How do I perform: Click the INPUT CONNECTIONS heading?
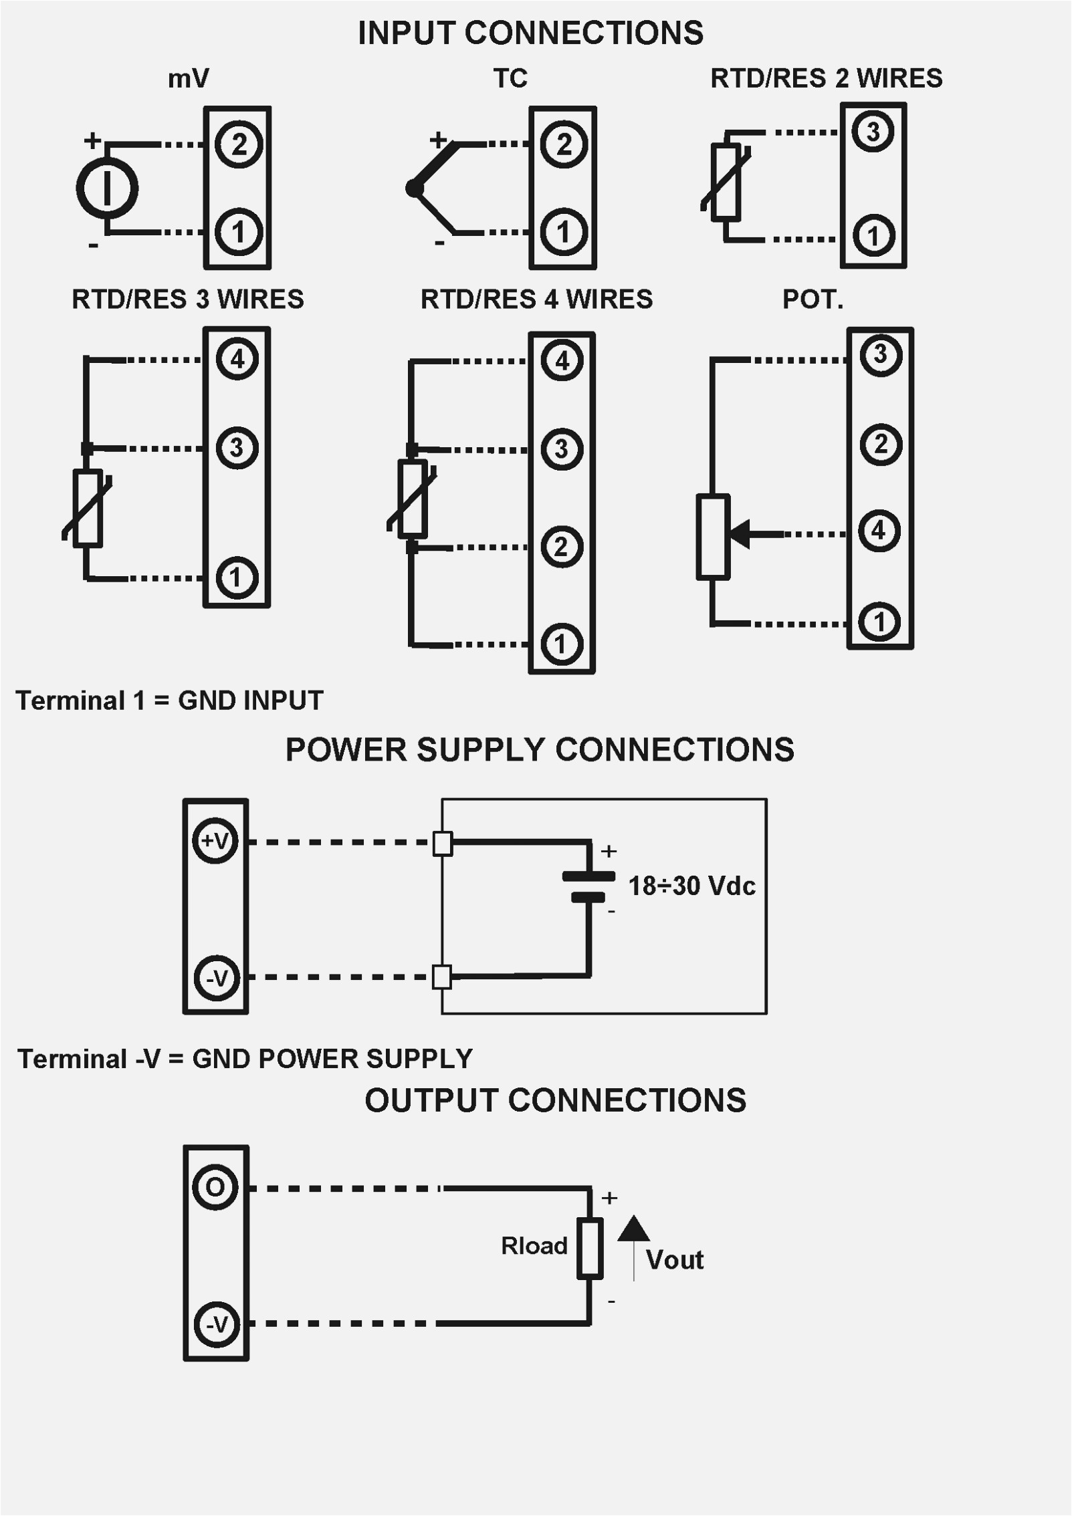click(530, 33)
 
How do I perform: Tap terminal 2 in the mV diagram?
click(239, 144)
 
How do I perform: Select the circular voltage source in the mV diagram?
click(107, 188)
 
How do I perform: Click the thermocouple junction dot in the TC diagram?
click(414, 188)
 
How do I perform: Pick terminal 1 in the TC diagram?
click(563, 232)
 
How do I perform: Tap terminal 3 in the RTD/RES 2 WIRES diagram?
click(873, 132)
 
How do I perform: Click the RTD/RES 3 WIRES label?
click(187, 299)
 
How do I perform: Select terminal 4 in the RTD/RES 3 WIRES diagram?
click(237, 360)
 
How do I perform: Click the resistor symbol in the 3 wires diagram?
click(88, 508)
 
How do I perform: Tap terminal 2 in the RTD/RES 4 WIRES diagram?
click(561, 547)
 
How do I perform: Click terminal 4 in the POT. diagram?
click(879, 531)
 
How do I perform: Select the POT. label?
click(813, 299)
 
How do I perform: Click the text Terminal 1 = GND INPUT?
click(169, 701)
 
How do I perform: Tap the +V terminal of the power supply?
click(215, 841)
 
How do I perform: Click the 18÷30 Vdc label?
click(691, 886)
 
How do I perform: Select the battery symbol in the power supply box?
click(588, 886)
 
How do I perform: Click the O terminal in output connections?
click(215, 1187)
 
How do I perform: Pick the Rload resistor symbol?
click(590, 1249)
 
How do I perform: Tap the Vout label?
click(674, 1260)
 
